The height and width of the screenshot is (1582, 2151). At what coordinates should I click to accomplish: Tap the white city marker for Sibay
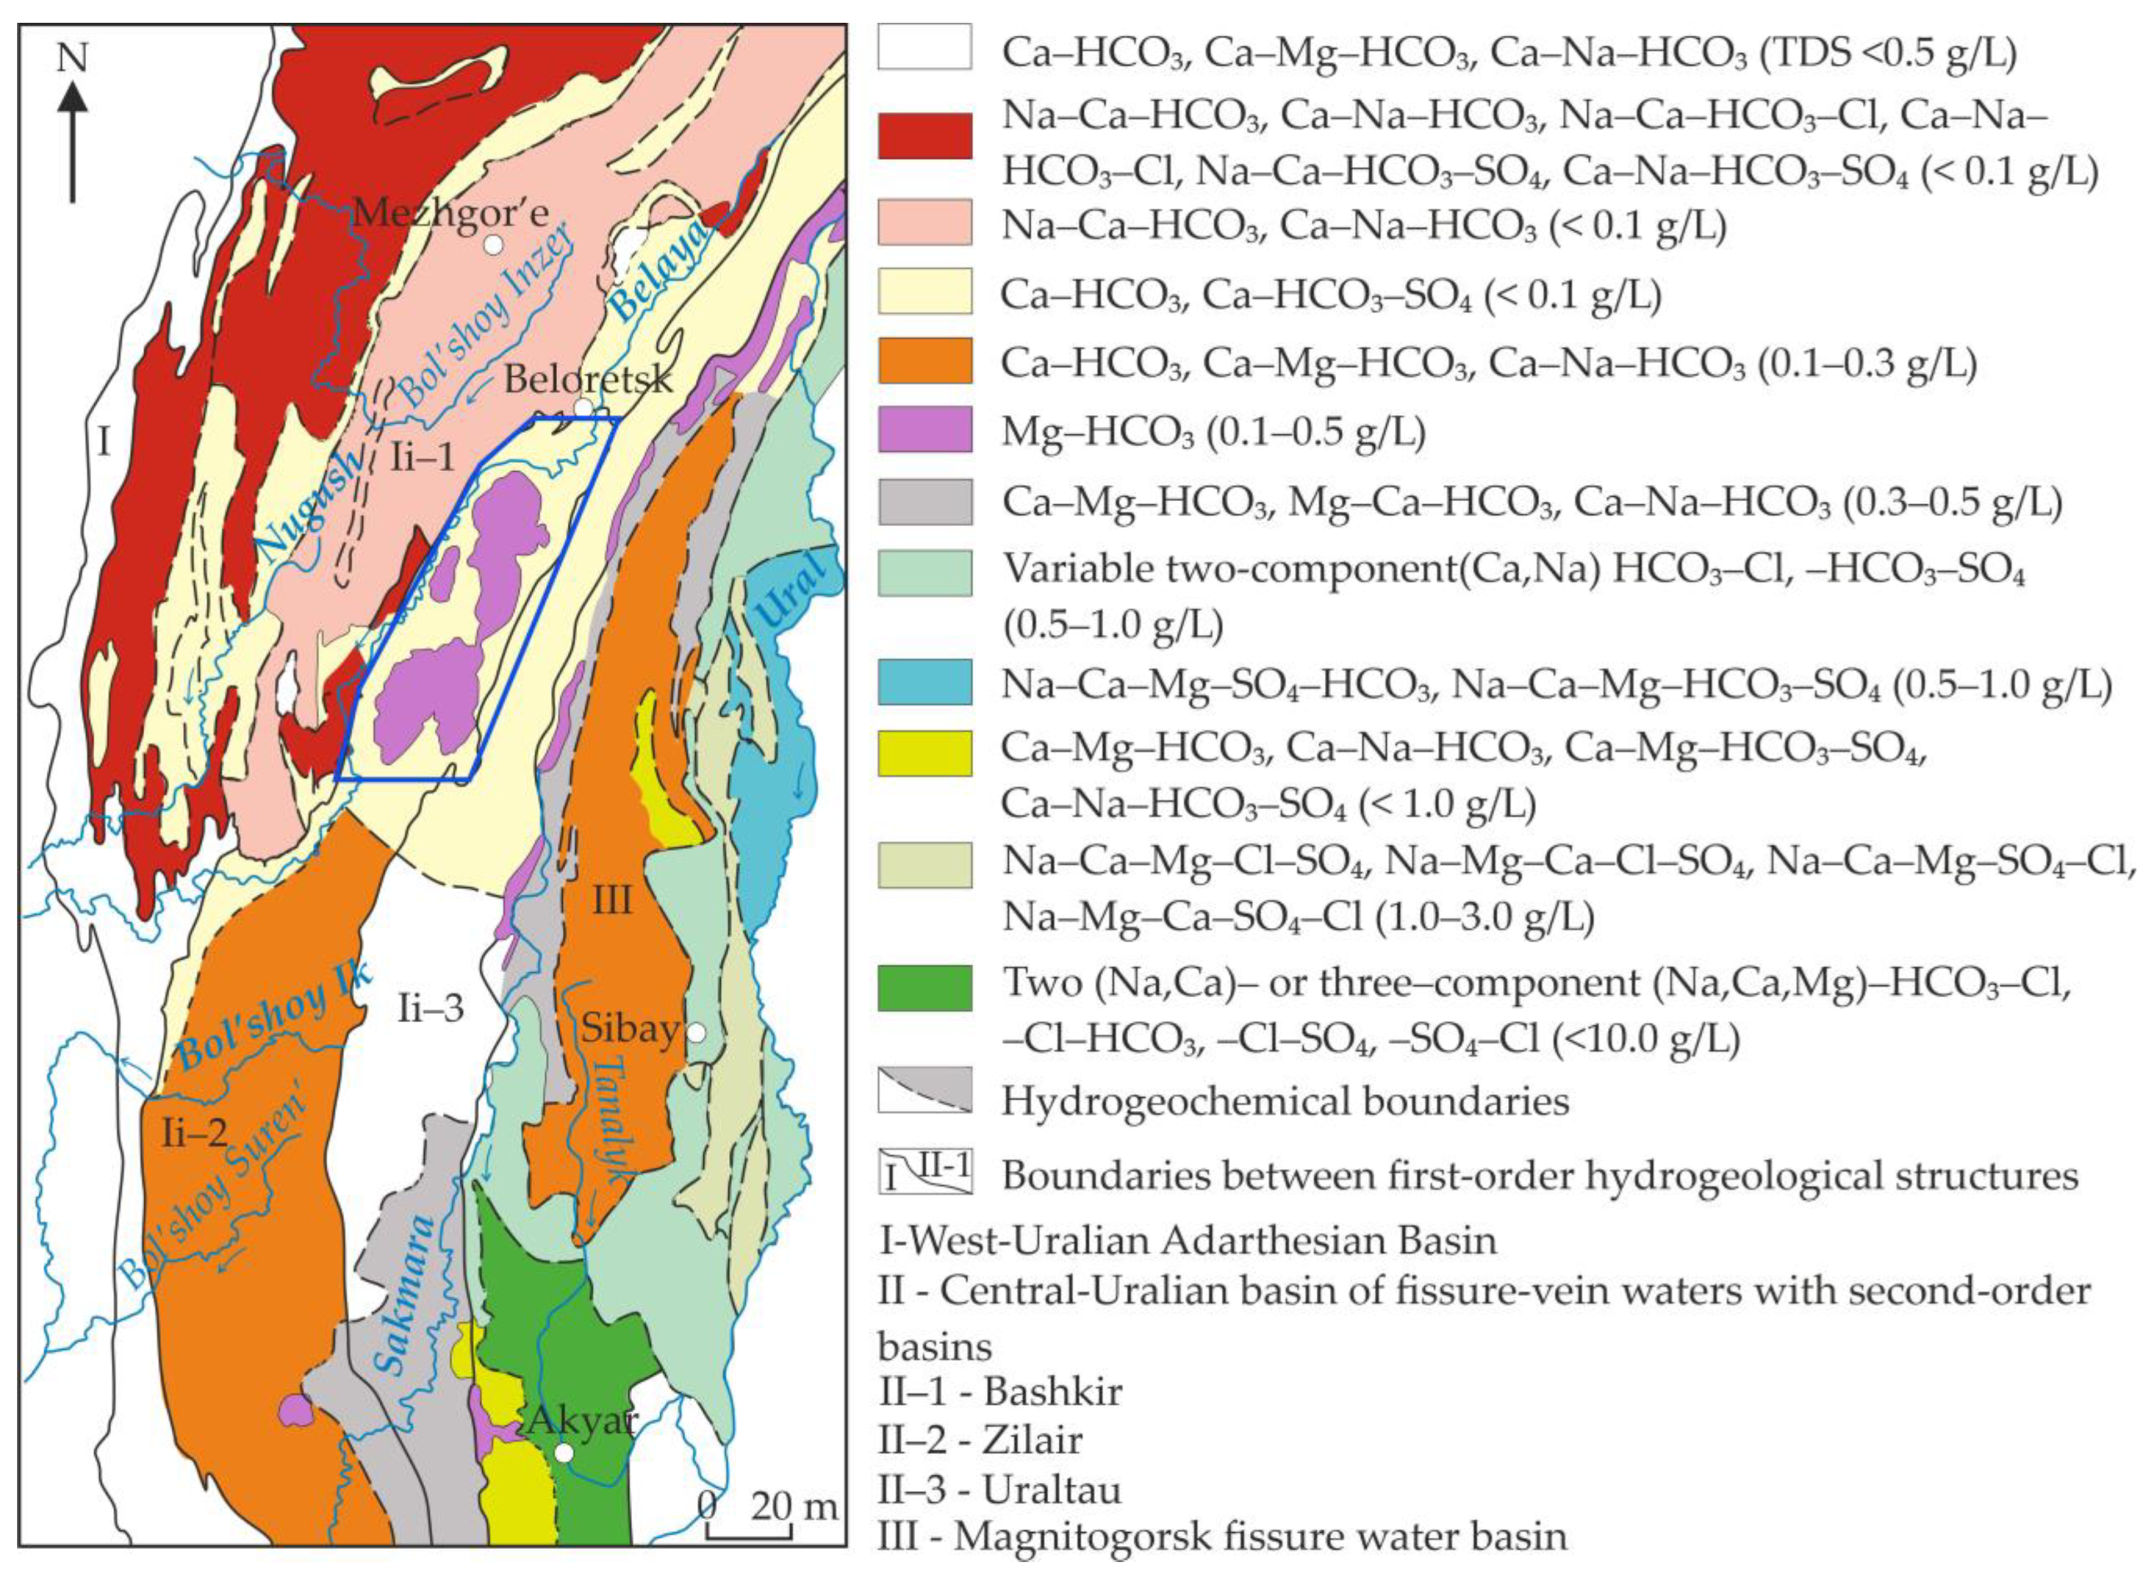click(696, 1033)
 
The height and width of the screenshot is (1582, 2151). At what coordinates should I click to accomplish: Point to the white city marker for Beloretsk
click(582, 407)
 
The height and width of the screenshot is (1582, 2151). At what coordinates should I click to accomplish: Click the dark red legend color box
click(924, 135)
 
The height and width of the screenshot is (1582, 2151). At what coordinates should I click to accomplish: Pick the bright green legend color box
click(924, 987)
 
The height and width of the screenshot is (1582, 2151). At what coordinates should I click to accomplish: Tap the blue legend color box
click(924, 684)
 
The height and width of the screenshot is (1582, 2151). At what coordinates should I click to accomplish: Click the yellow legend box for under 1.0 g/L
click(924, 752)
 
